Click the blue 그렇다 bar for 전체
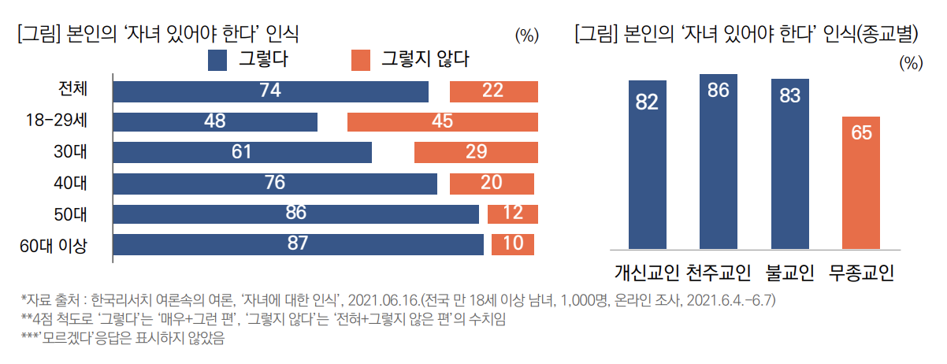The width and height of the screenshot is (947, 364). coord(270,91)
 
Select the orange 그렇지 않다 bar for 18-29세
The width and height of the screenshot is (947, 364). coord(442,121)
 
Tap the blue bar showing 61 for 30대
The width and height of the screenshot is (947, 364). coord(242,152)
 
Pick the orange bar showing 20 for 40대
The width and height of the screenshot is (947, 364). coord(492,183)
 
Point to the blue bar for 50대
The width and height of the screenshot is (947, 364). coord(295,214)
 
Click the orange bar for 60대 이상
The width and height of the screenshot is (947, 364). coord(512,243)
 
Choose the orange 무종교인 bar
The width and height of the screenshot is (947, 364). coord(861,183)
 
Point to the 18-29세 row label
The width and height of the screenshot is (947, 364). coord(56,121)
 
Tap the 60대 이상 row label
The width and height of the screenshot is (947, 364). coord(53,244)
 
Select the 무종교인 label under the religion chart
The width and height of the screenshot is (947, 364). coord(862,273)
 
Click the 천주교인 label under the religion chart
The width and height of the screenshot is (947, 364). coord(719,273)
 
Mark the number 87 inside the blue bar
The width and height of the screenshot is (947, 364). coord(297,243)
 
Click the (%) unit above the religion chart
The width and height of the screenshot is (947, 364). coord(910,63)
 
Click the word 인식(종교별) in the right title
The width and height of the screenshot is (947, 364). coord(875,34)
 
